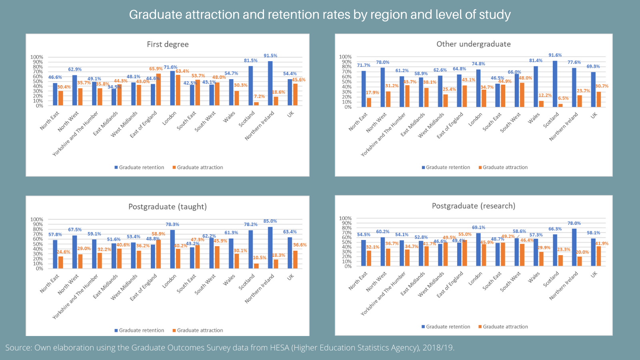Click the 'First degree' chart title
click(168, 44)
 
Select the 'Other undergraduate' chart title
click(473, 44)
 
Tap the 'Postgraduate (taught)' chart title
click(168, 207)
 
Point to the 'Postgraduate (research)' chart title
click(473, 206)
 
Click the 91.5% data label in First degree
click(270, 56)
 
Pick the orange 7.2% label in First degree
click(259, 96)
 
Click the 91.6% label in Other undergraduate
click(555, 55)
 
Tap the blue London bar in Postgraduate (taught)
click(172, 249)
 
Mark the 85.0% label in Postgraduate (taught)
click(270, 221)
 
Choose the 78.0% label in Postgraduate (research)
click(574, 223)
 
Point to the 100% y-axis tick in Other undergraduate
click(345, 57)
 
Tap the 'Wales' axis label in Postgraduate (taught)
click(229, 280)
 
